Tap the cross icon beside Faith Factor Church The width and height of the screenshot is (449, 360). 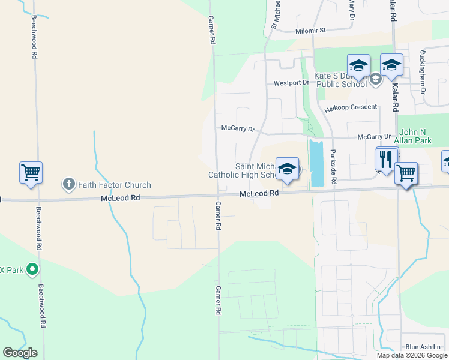point(69,184)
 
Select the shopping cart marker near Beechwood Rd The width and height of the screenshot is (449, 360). point(31,173)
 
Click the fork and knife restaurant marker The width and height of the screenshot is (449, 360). point(385,159)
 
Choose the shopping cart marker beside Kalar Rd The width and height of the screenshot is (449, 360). point(406,174)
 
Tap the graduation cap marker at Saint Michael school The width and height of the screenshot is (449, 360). point(287,169)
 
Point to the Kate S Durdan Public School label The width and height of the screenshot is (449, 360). point(339,80)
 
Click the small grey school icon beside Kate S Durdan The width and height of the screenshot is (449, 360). point(376,79)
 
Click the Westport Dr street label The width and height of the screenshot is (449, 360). point(291,83)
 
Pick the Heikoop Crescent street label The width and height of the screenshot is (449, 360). point(351,107)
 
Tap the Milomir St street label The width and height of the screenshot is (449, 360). point(310,30)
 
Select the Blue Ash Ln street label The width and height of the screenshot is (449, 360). point(423,347)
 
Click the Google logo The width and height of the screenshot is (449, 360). point(20,353)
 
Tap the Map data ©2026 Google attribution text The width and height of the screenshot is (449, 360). point(412,355)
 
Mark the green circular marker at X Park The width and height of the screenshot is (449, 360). point(33,270)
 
